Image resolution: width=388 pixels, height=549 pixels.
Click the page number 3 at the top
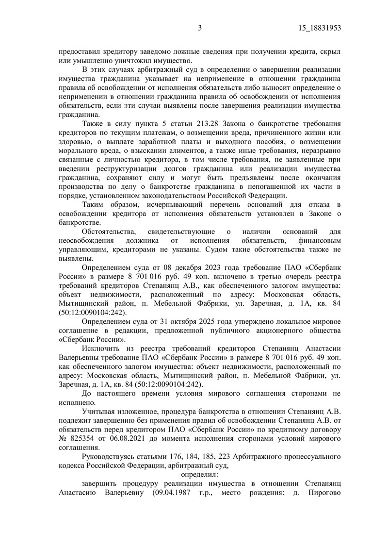199,28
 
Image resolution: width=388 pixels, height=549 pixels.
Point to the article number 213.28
208,124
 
